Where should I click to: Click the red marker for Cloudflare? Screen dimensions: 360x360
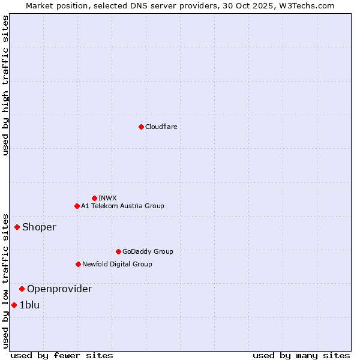(141, 127)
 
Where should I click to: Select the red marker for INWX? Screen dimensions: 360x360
(94, 198)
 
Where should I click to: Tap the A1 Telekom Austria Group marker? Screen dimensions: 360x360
(77, 206)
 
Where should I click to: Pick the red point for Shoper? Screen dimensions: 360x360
(17, 227)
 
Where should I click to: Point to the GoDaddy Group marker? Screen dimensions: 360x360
(118, 251)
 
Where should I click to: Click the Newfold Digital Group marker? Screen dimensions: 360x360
(78, 264)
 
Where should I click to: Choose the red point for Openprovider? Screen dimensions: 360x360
(22, 289)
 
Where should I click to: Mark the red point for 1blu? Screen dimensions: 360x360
(14, 305)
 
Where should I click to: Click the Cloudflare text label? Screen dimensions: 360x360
(161, 127)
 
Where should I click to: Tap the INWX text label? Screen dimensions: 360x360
(107, 198)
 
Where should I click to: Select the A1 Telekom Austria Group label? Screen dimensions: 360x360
(122, 206)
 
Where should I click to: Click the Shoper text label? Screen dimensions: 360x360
(39, 227)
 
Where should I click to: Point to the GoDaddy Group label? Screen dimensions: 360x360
(148, 251)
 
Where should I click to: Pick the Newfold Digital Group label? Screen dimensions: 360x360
(117, 264)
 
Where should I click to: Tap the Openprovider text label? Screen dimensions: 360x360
(59, 289)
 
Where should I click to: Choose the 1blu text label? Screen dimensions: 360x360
(29, 305)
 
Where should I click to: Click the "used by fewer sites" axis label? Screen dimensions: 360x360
(62, 355)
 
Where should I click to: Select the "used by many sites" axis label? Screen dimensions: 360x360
(301, 355)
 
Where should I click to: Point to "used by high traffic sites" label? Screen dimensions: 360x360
(5, 85)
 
